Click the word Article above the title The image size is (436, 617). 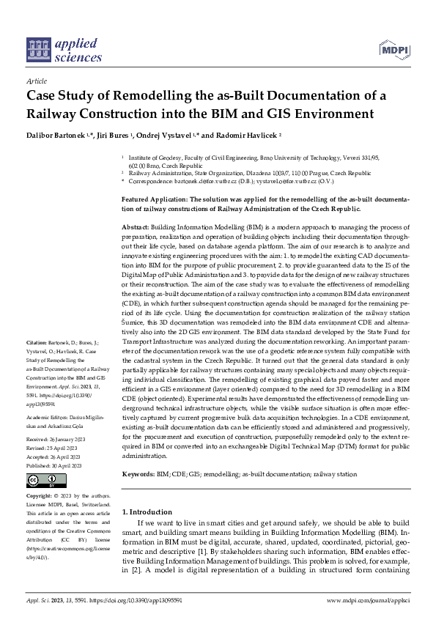click(36, 82)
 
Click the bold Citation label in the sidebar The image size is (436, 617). click(37, 342)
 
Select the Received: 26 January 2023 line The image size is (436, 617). click(56, 440)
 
